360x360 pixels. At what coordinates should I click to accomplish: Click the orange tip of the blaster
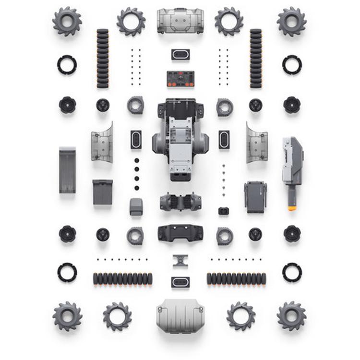[292, 208]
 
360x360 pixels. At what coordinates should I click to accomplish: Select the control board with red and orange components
[180, 79]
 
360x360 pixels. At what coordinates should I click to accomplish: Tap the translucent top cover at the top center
[180, 21]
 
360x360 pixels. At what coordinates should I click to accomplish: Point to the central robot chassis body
[180, 139]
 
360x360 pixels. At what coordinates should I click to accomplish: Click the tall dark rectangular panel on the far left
[67, 170]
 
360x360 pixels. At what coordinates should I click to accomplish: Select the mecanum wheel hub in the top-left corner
[67, 21]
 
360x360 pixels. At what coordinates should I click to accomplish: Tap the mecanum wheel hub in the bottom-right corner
[291, 315]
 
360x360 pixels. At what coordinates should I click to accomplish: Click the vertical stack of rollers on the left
[103, 59]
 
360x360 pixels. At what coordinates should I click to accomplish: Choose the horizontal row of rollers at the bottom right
[236, 279]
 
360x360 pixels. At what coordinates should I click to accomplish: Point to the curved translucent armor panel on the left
[103, 143]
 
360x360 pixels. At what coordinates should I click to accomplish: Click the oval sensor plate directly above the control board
[180, 54]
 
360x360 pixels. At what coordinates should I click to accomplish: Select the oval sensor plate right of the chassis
[224, 140]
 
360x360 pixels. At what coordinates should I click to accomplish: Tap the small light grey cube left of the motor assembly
[136, 207]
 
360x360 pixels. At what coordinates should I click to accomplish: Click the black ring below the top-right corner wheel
[292, 65]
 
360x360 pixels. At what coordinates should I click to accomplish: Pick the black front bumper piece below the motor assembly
[180, 233]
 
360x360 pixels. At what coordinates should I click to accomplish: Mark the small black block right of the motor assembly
[224, 211]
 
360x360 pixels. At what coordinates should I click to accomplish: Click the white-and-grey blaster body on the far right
[292, 161]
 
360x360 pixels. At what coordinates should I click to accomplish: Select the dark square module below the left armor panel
[103, 192]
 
